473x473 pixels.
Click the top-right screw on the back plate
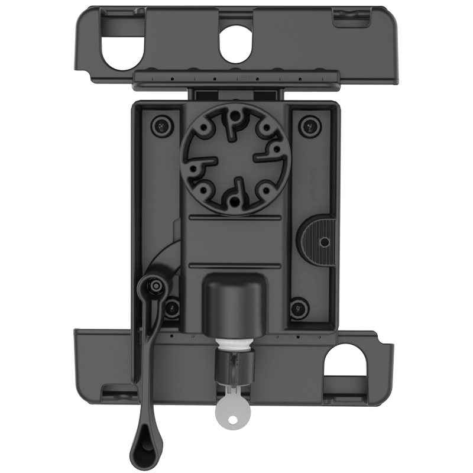coord(307,125)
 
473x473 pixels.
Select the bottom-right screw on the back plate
coord(300,306)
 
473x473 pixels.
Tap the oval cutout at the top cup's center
coord(236,46)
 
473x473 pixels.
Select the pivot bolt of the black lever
coord(155,286)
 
